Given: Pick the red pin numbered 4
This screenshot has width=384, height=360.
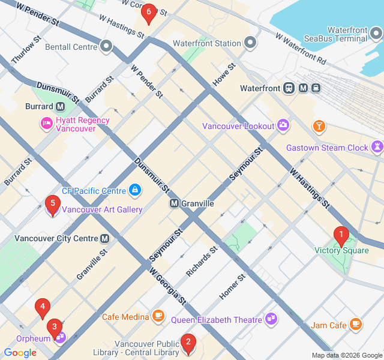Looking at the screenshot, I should pyautogui.click(x=42, y=308).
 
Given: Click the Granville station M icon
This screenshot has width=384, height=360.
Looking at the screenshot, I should pyautogui.click(x=175, y=203).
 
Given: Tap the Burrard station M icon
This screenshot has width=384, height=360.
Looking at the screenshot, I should pyautogui.click(x=60, y=106).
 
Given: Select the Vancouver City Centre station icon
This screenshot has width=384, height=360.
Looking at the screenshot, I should pyautogui.click(x=105, y=238).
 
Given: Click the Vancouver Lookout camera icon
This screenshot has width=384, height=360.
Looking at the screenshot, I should pyautogui.click(x=283, y=125).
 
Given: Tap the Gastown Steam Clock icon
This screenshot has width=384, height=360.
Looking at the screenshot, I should pyautogui.click(x=377, y=147).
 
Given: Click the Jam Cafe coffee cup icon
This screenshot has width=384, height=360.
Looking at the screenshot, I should pyautogui.click(x=356, y=325).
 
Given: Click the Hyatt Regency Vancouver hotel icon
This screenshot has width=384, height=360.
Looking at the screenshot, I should pyautogui.click(x=46, y=124).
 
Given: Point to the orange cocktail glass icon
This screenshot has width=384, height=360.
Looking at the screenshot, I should pyautogui.click(x=319, y=125).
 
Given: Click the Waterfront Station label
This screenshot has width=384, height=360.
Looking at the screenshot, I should pyautogui.click(x=207, y=43).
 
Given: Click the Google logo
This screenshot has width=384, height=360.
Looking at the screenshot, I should pyautogui.click(x=20, y=353).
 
